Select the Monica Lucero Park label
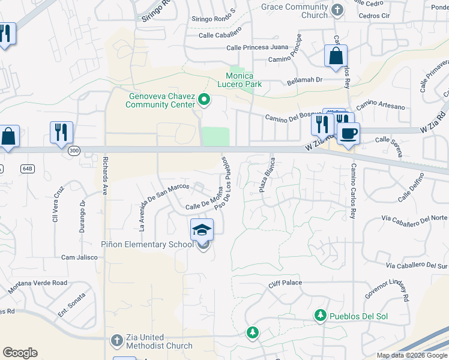[244, 80]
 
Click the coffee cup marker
[348, 134]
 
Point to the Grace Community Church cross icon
[337, 10]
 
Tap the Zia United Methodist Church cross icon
[116, 341]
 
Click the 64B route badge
[28, 169]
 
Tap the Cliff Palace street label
[285, 283]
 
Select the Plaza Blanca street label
[267, 175]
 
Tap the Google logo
[20, 353]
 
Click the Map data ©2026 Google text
[412, 355]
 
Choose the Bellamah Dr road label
[305, 79]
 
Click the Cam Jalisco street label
[79, 257]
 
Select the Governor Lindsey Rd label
[387, 289]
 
